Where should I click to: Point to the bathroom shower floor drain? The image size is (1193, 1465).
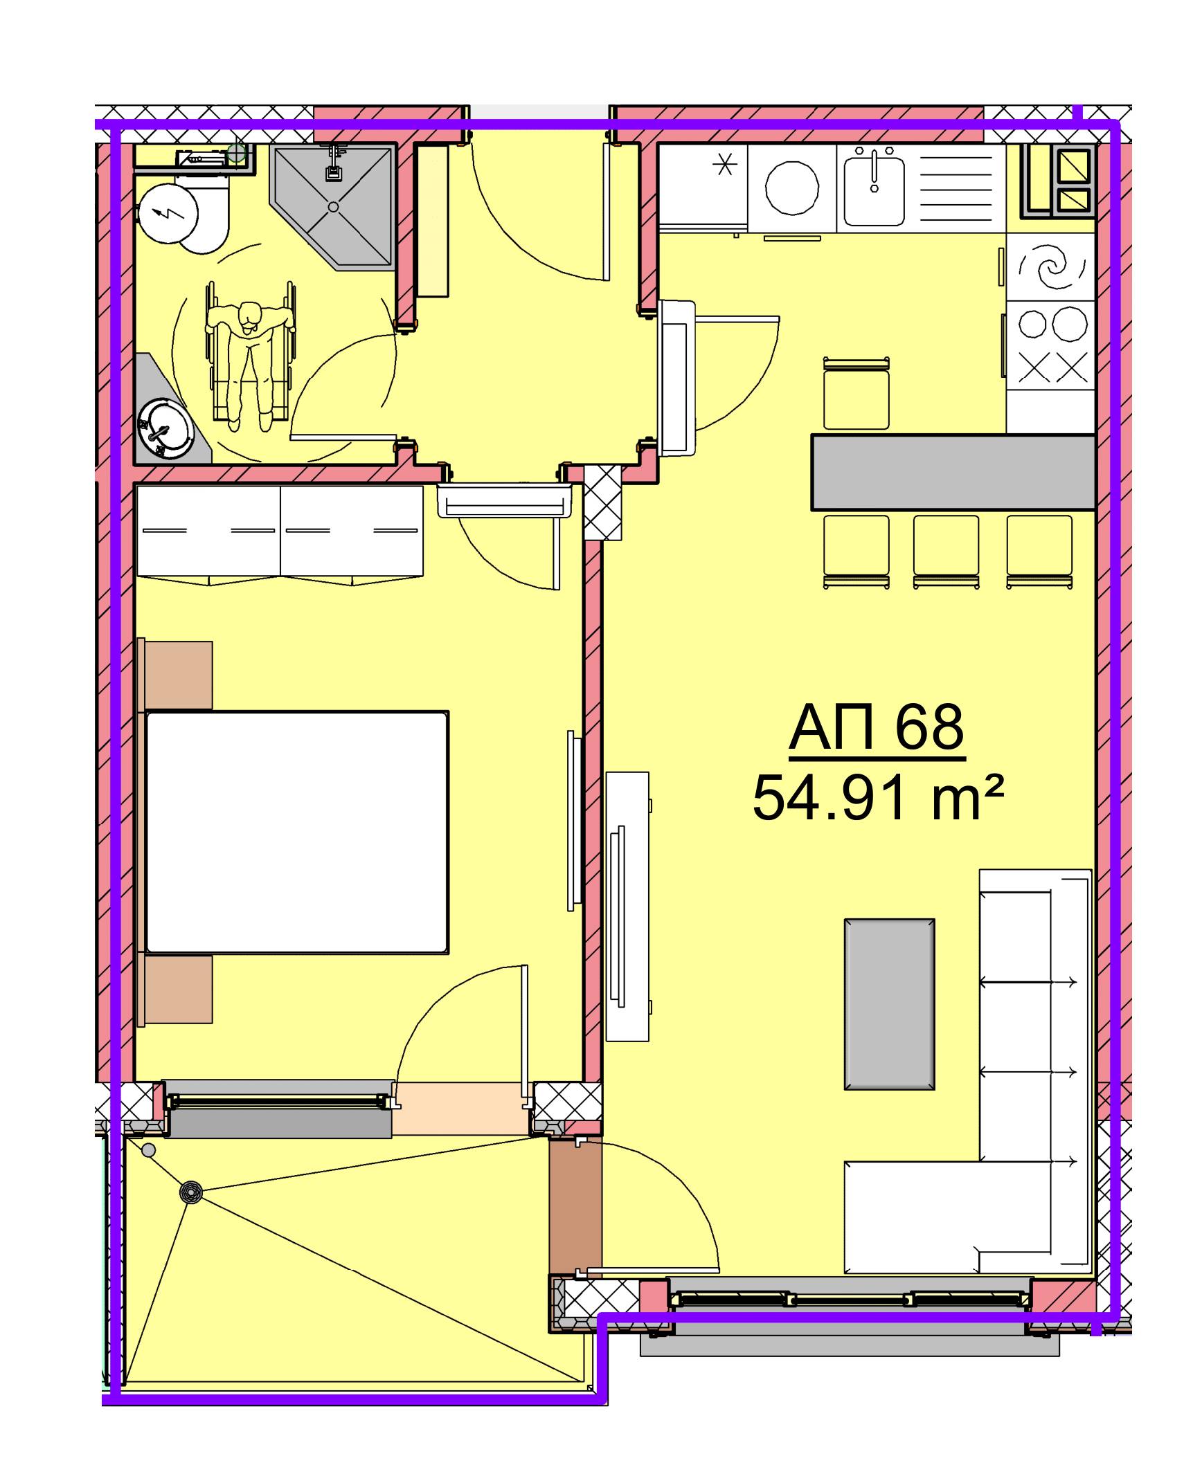(x=334, y=206)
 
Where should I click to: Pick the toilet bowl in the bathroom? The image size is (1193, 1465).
(x=202, y=218)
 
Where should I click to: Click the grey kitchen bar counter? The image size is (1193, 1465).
(x=953, y=473)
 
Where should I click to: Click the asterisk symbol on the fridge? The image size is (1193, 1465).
(x=725, y=165)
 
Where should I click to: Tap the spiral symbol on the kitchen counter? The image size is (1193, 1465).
(x=1050, y=267)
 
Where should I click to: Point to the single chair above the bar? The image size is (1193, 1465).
(x=856, y=394)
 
